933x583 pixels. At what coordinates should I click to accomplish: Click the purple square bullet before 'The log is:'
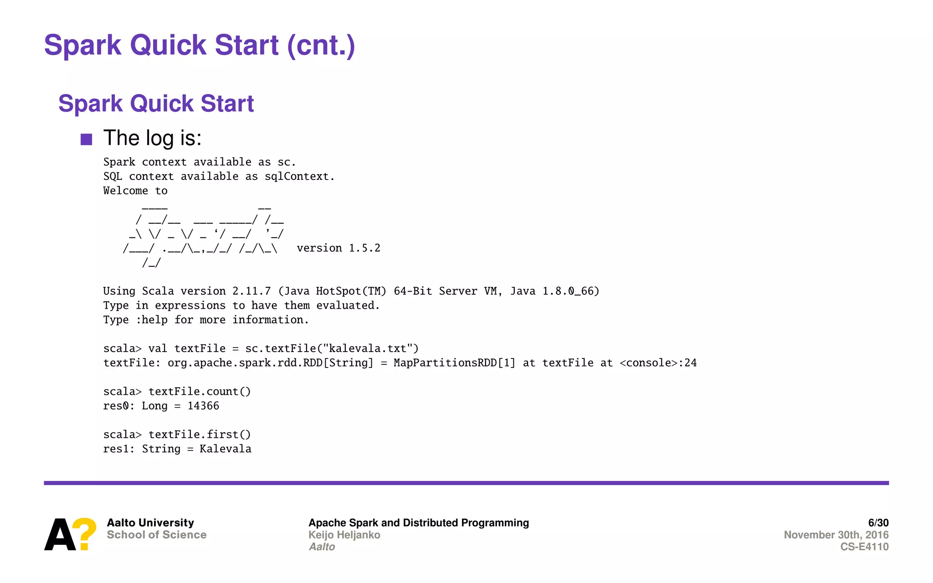(87, 139)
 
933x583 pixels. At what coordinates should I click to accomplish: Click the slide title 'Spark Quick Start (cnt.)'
(199, 46)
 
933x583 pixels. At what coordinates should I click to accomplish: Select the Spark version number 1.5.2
(364, 248)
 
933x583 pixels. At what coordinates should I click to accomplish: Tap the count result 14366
(203, 406)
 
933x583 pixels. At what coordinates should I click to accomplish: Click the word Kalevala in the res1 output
(226, 449)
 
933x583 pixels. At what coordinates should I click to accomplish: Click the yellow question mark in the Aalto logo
(85, 533)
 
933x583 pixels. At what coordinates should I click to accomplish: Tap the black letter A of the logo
(59, 535)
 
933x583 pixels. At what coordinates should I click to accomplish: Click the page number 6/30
(878, 523)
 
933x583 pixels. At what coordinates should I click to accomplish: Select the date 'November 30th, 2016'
(836, 535)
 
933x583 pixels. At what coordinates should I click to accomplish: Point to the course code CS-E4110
(864, 547)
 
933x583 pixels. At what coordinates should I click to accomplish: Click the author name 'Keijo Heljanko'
(344, 535)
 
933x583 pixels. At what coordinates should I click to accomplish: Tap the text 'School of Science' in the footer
(157, 535)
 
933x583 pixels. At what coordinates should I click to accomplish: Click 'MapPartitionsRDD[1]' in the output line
(454, 363)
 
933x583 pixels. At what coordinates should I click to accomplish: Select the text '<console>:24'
(658, 363)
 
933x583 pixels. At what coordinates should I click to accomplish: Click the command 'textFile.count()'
(200, 392)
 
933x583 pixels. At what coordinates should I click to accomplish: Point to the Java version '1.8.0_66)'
(570, 291)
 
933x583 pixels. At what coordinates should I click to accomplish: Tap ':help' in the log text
(152, 320)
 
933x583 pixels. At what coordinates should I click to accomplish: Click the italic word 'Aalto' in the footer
(322, 547)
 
